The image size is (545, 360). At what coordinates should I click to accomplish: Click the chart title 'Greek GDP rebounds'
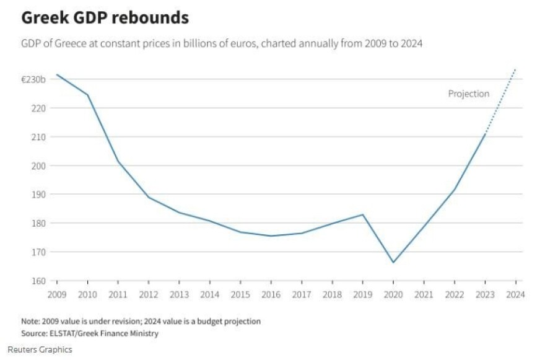(x=105, y=18)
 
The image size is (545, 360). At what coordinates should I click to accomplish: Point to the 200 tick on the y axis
(x=38, y=165)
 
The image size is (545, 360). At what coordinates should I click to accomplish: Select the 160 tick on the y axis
(x=38, y=281)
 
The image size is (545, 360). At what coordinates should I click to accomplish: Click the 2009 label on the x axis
(x=56, y=295)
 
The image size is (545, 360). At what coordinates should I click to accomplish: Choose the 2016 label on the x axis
(x=271, y=295)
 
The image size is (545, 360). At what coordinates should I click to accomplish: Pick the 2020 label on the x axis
(x=393, y=295)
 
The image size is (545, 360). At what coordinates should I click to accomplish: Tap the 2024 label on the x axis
(x=515, y=295)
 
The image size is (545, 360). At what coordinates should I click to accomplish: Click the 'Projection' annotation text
(x=469, y=94)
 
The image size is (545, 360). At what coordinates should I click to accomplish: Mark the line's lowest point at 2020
(x=393, y=262)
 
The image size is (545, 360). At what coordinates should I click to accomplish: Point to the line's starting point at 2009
(x=56, y=74)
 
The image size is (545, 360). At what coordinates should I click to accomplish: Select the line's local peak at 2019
(x=363, y=214)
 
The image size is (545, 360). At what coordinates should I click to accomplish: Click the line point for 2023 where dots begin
(x=485, y=134)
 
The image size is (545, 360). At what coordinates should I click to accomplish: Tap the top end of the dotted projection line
(x=515, y=69)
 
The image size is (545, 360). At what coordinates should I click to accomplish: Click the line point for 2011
(x=118, y=161)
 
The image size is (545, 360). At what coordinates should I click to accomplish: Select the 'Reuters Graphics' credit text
(x=40, y=349)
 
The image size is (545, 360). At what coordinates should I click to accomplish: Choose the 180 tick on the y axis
(x=38, y=223)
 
